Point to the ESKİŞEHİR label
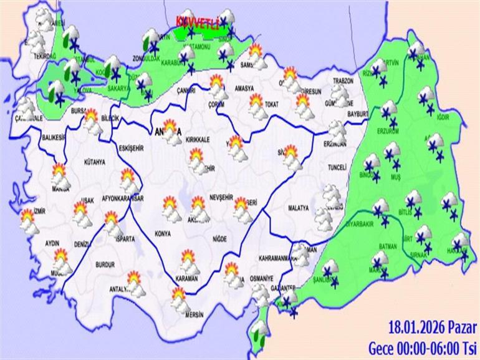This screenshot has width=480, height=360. (x=130, y=148)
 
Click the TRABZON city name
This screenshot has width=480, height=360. (x=343, y=81)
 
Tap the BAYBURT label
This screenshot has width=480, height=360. (x=358, y=114)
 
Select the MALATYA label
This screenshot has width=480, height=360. (x=299, y=207)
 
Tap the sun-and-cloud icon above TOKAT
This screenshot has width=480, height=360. (x=257, y=104)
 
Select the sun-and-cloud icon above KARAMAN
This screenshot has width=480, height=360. (x=188, y=261)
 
